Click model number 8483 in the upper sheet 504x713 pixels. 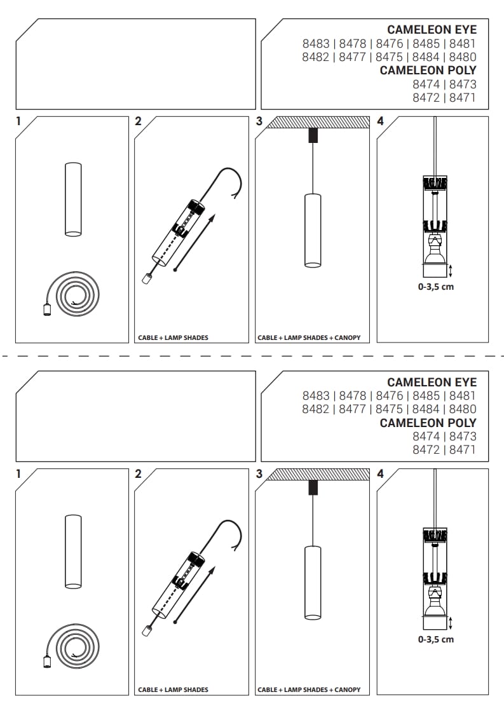[x=316, y=44]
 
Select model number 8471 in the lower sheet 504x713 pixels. [x=463, y=450]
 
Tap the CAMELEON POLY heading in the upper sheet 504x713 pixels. [x=428, y=71]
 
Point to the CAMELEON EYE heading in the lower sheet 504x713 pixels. [x=432, y=383]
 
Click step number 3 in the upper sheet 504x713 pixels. [x=259, y=121]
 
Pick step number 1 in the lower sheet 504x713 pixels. [x=18, y=474]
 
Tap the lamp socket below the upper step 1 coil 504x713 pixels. [x=47, y=309]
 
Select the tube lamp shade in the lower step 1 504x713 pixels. [x=73, y=552]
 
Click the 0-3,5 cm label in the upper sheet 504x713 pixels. [x=436, y=287]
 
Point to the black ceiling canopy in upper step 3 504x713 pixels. [x=313, y=135]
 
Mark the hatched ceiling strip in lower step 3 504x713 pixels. [x=318, y=474]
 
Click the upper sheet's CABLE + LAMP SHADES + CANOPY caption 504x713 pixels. [x=309, y=338]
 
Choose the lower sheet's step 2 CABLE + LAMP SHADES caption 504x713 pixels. [x=174, y=690]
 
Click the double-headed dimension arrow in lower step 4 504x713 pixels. [x=451, y=623]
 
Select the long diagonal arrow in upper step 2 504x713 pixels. [x=194, y=243]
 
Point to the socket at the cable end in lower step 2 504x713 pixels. [x=146, y=631]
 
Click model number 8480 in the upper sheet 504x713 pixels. [x=463, y=57]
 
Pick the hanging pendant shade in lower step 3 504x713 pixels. [x=313, y=583]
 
